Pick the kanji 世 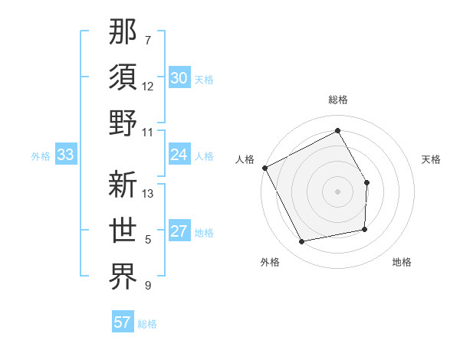coord(123,230)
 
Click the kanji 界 coord(123,276)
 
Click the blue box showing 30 coord(179,78)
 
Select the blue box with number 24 coord(179,155)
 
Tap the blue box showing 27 coord(179,232)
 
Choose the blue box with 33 coord(65,155)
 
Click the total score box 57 coord(123,322)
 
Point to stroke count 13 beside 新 coord(149,194)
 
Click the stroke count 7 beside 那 coord(148,40)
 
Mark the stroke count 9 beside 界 coord(148,286)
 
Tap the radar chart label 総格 coord(338,100)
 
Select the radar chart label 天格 coord(431,159)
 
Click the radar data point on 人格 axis coord(265,168)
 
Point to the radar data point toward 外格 coord(302,242)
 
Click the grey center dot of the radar coord(338,191)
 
